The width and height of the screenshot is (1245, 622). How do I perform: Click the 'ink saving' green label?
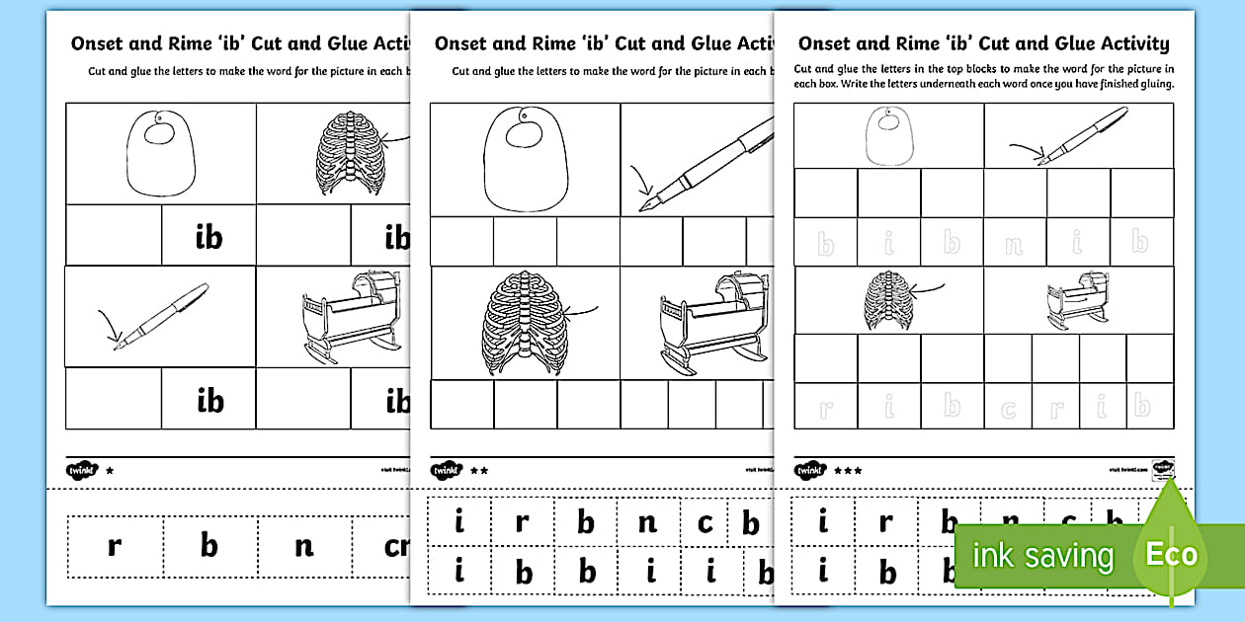[1042, 556]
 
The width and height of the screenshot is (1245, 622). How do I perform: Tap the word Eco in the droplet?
[1171, 554]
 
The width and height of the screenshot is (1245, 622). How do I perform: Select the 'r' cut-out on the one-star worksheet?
[114, 545]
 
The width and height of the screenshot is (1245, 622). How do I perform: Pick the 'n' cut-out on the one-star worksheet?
[303, 545]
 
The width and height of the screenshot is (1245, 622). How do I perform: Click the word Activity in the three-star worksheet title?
[1125, 43]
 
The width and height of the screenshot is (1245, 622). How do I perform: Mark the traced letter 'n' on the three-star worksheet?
[1013, 243]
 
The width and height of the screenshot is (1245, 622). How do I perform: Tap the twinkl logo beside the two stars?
[446, 471]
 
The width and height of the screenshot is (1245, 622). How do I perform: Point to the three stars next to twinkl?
[848, 471]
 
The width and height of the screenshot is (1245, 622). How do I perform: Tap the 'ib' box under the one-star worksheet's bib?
[208, 236]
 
